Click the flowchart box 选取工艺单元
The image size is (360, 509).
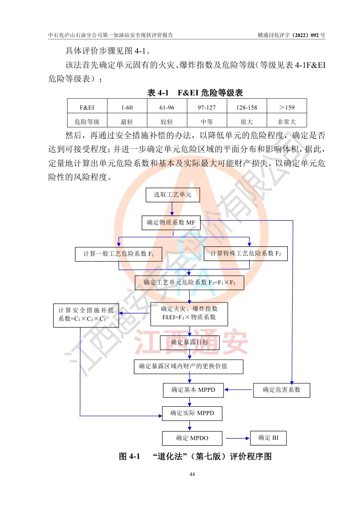pyautogui.click(x=172, y=195)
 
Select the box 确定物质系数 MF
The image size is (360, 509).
pyautogui.click(x=171, y=223)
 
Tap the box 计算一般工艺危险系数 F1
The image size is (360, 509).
pyautogui.click(x=118, y=254)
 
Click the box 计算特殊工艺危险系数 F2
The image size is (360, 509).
pyautogui.click(x=246, y=254)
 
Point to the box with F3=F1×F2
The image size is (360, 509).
pyautogui.click(x=189, y=283)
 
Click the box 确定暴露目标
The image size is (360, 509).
pyautogui.click(x=189, y=342)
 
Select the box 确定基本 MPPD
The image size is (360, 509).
pyautogui.click(x=193, y=390)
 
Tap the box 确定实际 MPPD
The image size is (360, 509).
pyautogui.click(x=192, y=413)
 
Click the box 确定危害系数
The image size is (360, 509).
pyautogui.click(x=282, y=390)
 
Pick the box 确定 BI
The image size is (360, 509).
pyautogui.click(x=268, y=438)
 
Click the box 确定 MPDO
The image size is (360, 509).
pyautogui.click(x=192, y=438)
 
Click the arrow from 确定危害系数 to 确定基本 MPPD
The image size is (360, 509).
pyautogui.click(x=238, y=390)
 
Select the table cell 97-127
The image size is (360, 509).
pyautogui.click(x=207, y=107)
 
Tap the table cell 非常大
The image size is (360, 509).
pyautogui.click(x=287, y=122)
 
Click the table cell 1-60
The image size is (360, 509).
pyautogui.click(x=127, y=107)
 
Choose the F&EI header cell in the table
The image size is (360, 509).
pyautogui.click(x=87, y=107)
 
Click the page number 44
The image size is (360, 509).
pyautogui.click(x=192, y=474)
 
